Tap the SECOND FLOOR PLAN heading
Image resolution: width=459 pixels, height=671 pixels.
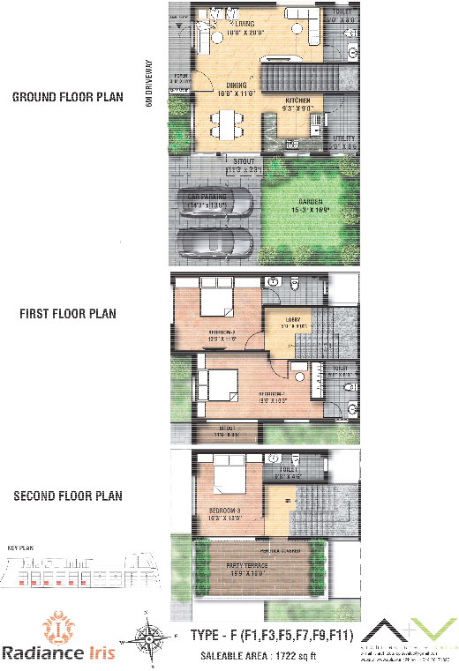point(68,496)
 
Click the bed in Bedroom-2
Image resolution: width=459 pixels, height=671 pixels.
point(217,302)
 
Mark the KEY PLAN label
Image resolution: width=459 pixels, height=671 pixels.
point(21,548)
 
